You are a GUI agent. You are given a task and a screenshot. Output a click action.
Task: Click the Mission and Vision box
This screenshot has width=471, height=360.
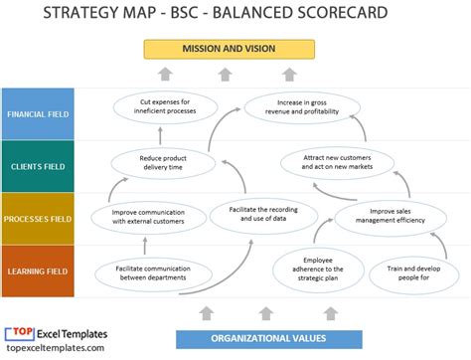(230, 49)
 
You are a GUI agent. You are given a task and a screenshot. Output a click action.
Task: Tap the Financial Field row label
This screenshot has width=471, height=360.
(38, 113)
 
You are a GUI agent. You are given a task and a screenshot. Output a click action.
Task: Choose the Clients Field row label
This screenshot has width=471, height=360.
(38, 165)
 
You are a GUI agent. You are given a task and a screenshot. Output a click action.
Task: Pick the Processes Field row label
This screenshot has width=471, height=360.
(38, 218)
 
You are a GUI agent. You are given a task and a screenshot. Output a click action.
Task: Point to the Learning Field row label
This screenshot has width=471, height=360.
(38, 270)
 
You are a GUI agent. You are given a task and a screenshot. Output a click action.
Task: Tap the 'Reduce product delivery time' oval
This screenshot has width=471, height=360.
(164, 161)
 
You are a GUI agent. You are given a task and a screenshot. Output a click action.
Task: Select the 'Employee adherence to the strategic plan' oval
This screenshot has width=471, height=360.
(311, 270)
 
